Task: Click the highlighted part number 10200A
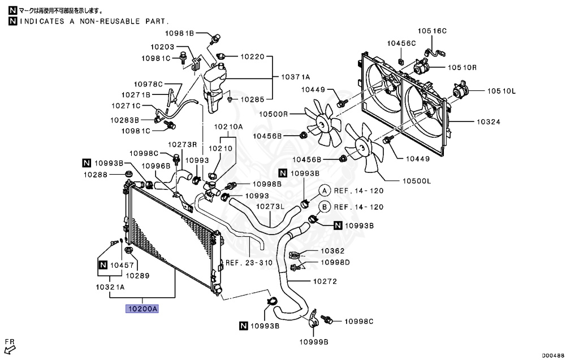point(142,309)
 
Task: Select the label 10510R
point(463,67)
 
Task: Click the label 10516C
point(432,31)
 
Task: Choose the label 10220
point(252,57)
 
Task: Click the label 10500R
point(274,114)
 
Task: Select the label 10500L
point(417,181)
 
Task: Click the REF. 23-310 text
point(249,263)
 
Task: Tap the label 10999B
point(314,342)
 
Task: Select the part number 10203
point(162,47)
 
